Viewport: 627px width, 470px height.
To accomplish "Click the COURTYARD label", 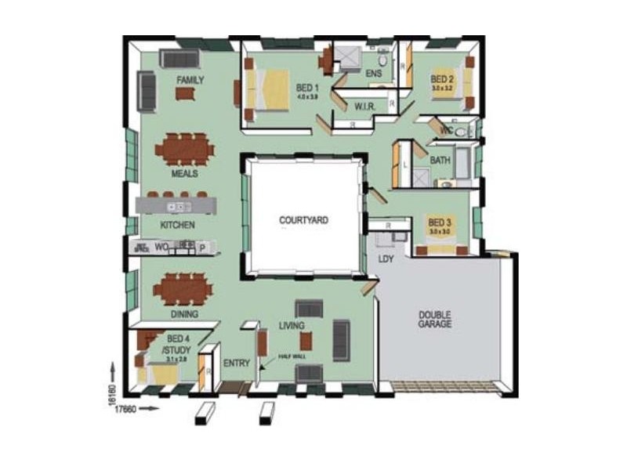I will [303, 220].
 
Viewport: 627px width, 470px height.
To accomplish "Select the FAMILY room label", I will [190, 80].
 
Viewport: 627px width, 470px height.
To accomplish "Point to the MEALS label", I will [184, 174].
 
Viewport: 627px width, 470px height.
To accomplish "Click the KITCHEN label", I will [177, 225].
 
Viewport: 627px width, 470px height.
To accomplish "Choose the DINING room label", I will [184, 314].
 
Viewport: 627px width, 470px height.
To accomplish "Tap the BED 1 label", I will [306, 87].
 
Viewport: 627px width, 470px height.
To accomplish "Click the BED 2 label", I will [442, 80].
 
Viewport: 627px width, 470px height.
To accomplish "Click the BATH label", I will [440, 161].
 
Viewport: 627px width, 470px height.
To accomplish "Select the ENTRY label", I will [236, 363].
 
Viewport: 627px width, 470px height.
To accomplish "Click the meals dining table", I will [184, 148].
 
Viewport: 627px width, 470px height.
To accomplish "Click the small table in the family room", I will [185, 94].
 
